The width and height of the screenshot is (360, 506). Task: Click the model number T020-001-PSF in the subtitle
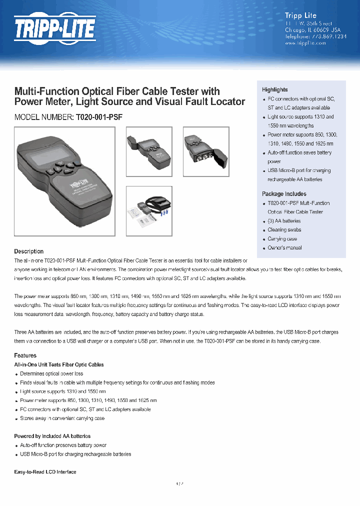(x=99, y=117)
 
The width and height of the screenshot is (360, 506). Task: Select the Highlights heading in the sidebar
(x=275, y=89)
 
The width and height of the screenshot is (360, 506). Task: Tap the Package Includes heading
(x=284, y=194)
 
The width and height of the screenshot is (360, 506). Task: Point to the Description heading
(x=28, y=251)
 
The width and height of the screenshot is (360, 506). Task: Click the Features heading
(x=25, y=355)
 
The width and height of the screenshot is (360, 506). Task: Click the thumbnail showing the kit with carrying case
(x=148, y=210)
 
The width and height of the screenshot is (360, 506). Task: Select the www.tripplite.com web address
(x=305, y=43)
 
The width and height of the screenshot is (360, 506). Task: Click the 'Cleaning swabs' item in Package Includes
(x=284, y=230)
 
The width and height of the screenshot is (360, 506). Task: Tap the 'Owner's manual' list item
(x=284, y=248)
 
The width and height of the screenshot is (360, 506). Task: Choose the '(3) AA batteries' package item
(x=284, y=221)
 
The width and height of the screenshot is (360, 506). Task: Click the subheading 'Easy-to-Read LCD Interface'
(x=45, y=472)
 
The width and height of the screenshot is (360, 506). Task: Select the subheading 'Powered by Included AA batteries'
(x=52, y=436)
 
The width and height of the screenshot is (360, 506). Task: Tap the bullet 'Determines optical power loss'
(x=51, y=374)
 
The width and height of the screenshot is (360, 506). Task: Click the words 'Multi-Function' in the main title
(x=46, y=91)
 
